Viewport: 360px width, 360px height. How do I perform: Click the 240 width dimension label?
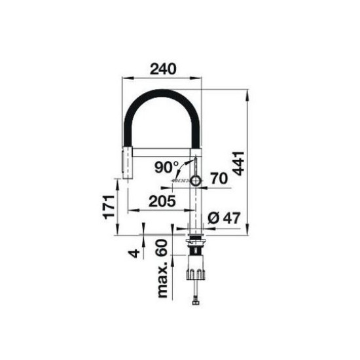click(163, 69)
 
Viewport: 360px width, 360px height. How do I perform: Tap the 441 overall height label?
click(238, 164)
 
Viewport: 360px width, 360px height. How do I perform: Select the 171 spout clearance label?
click(109, 207)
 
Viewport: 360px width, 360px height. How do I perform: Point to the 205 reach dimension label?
click(162, 201)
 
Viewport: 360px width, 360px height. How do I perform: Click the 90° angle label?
click(166, 167)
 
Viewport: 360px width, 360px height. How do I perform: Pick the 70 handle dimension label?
click(219, 178)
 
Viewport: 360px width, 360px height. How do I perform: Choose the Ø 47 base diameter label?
click(224, 218)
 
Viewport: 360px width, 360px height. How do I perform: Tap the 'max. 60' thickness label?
click(162, 268)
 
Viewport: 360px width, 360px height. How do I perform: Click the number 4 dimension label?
click(134, 253)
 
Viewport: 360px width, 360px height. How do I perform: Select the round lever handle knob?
click(196, 181)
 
